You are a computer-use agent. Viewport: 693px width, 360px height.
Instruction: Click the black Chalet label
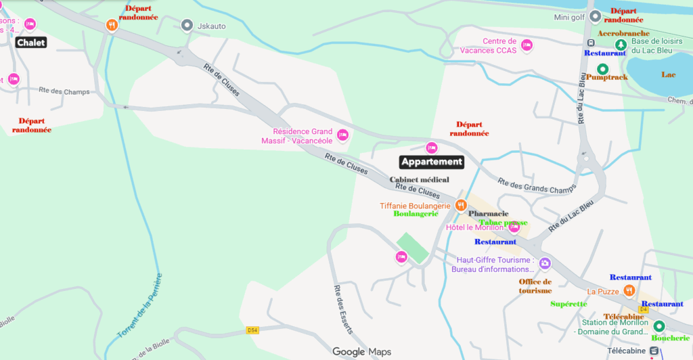31,43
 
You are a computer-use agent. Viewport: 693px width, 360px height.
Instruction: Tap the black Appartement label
432,162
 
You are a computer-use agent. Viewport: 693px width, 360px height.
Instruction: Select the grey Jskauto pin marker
187,25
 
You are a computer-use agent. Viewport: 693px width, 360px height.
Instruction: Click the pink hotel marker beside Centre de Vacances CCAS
527,45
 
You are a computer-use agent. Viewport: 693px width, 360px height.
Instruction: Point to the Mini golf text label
569,17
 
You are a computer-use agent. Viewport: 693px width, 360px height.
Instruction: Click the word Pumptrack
607,77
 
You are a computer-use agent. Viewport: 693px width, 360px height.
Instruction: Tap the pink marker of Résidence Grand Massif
342,135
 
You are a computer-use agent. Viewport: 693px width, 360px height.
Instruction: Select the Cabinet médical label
420,179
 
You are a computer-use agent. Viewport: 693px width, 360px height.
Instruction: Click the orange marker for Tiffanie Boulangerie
461,204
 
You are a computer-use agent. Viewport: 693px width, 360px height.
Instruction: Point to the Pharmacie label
489,213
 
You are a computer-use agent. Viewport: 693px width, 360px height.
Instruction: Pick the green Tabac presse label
503,222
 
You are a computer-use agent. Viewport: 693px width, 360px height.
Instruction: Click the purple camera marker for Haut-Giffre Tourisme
545,263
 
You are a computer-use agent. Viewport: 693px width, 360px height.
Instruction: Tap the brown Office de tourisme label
535,286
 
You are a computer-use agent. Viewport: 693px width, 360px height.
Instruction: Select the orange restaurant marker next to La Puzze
629,290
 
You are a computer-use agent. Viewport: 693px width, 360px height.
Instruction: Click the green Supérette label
568,304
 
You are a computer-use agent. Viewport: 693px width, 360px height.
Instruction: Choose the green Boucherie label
671,337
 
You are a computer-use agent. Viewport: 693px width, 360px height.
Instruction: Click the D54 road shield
252,330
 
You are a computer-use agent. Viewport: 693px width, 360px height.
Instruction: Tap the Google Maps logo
361,352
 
